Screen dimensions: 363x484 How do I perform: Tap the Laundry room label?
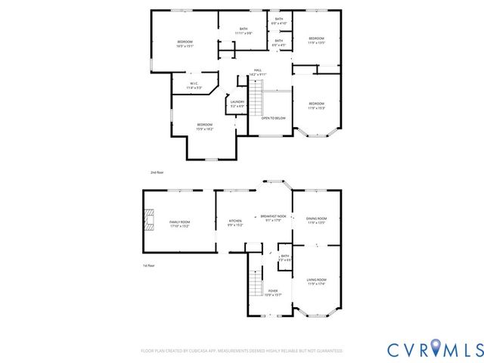[237, 104]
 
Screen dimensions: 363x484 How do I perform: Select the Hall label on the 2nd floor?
[258, 73]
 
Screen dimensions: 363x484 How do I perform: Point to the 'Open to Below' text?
[273, 119]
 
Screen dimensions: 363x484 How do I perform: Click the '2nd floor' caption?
[157, 172]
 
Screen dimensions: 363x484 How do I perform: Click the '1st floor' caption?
[149, 265]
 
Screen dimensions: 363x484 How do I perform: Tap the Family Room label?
[180, 224]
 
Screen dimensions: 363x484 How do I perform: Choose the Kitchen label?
[235, 223]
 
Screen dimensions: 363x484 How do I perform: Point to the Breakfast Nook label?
[273, 219]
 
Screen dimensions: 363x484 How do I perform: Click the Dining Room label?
[316, 221]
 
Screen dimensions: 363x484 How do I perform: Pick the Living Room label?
[316, 282]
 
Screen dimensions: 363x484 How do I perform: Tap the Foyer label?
[272, 293]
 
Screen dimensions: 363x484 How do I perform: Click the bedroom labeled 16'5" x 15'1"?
[185, 43]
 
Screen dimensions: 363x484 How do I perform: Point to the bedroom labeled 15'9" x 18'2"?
[205, 126]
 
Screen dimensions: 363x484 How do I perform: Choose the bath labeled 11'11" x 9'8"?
[244, 32]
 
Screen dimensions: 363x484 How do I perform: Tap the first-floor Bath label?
[285, 258]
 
